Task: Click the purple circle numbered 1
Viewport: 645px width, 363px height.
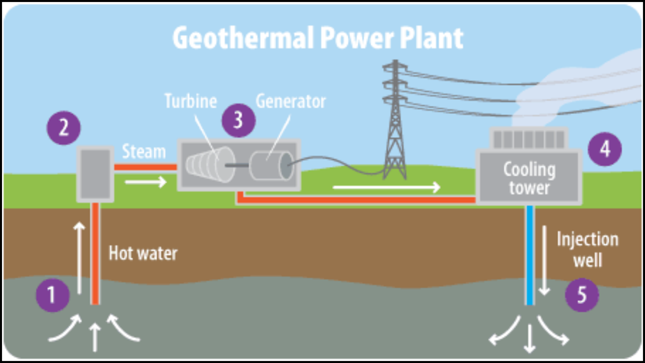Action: point(52,295)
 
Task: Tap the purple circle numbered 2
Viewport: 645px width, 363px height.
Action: point(64,128)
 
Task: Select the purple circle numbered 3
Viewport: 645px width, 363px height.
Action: point(239,121)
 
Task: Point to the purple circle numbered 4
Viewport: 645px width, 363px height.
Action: point(605,149)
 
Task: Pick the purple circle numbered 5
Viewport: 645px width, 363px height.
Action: point(581,295)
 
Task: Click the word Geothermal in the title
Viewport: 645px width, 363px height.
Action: point(244,38)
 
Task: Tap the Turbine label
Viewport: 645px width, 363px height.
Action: point(191,101)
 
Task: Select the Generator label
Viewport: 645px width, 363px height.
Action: point(291,101)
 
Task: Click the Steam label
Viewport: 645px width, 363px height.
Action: point(144,152)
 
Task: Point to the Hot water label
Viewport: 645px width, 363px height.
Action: point(143,254)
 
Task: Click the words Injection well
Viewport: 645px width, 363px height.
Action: point(587,249)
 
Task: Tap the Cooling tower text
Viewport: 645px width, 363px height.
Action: point(529,178)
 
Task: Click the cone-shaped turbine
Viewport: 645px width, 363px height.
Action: point(210,164)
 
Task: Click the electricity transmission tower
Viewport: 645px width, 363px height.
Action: point(395,119)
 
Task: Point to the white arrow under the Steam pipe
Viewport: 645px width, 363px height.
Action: point(146,181)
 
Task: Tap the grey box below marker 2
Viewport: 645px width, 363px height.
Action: point(95,174)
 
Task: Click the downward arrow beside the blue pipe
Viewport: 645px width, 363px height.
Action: point(544,260)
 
